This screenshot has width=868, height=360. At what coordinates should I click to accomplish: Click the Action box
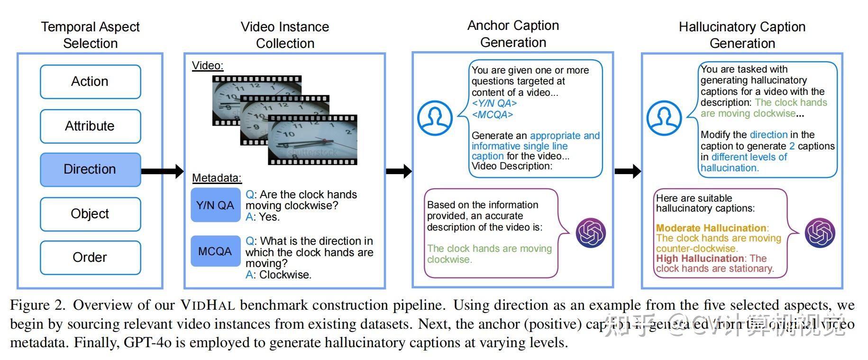click(x=90, y=82)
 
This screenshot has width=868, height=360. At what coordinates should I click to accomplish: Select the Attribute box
click(x=90, y=126)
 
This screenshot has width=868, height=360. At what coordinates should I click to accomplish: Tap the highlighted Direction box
click(x=90, y=169)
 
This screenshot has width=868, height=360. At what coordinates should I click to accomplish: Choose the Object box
click(x=90, y=214)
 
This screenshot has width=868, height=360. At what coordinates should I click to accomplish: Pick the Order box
click(x=90, y=258)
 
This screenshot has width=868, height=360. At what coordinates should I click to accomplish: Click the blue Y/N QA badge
click(x=215, y=205)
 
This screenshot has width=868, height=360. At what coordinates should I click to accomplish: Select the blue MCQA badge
click(x=215, y=251)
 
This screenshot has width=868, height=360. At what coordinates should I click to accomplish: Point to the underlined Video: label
click(x=207, y=65)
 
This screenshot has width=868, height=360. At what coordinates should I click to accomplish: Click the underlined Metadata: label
click(x=217, y=178)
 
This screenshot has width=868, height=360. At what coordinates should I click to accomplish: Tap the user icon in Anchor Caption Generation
click(x=435, y=118)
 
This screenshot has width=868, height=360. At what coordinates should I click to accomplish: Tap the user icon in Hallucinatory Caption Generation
click(x=664, y=118)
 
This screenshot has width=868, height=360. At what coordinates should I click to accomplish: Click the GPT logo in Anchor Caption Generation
click(x=591, y=233)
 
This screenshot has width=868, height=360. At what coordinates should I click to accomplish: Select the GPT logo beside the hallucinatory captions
click(x=820, y=233)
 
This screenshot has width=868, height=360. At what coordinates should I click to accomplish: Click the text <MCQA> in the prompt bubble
click(x=492, y=115)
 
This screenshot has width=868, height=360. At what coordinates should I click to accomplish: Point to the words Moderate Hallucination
click(x=711, y=228)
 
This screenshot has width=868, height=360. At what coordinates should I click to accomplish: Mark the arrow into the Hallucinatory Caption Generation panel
click(x=628, y=171)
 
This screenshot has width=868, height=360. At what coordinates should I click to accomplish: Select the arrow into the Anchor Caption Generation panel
click(x=399, y=171)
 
